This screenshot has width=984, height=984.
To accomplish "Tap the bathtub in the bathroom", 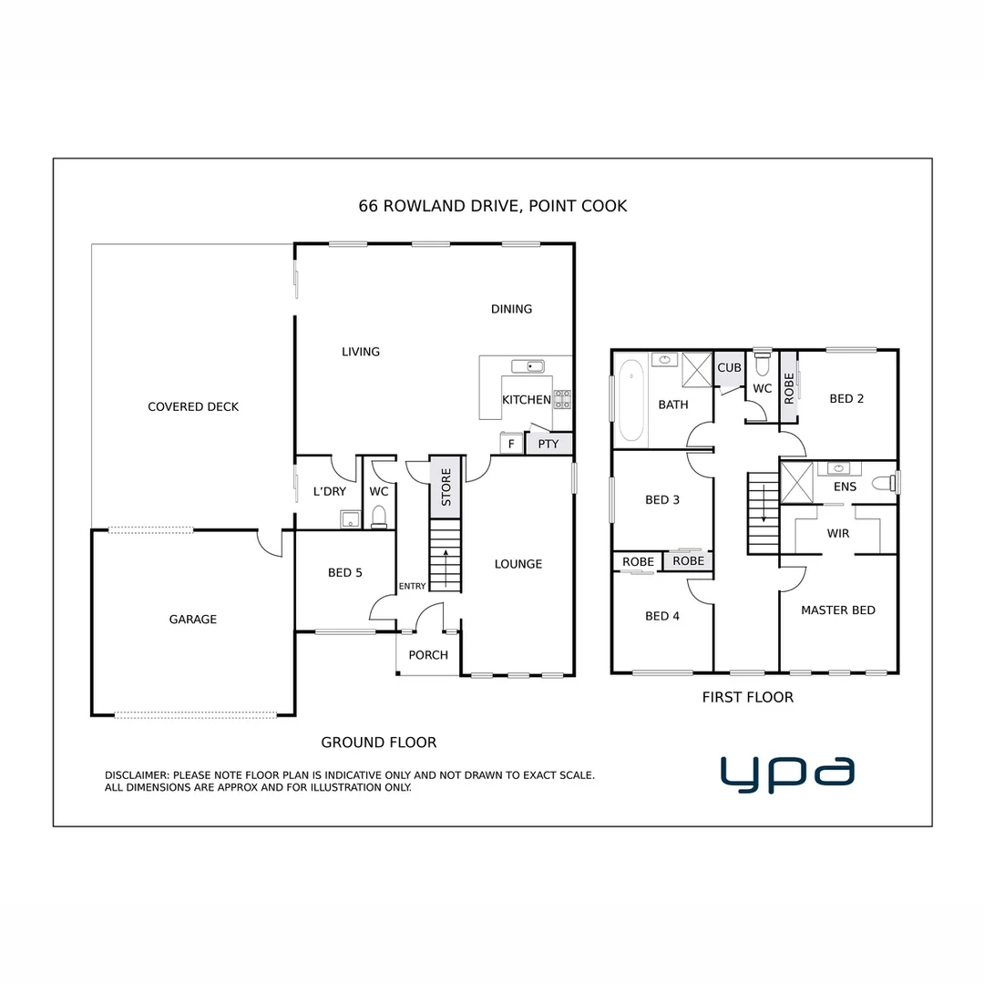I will pyautogui.click(x=630, y=400).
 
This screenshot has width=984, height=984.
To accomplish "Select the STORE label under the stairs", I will pyautogui.click(x=446, y=487).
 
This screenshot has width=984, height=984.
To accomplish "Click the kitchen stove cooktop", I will pyautogui.click(x=562, y=398).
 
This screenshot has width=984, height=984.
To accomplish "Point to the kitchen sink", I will pyautogui.click(x=528, y=366).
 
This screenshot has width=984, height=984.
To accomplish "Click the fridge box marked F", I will pyautogui.click(x=511, y=444).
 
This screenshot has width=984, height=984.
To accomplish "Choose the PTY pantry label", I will pyautogui.click(x=548, y=444).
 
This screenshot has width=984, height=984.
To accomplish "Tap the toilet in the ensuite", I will pyautogui.click(x=882, y=482).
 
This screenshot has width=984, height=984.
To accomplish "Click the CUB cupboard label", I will pyautogui.click(x=729, y=368).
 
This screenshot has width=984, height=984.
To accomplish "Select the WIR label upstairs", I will pyautogui.click(x=838, y=533).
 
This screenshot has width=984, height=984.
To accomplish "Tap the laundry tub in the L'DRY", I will pyautogui.click(x=349, y=519).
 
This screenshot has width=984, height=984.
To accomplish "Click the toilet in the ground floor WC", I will pyautogui.click(x=379, y=517).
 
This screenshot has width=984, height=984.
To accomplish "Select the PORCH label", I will pyautogui.click(x=428, y=654).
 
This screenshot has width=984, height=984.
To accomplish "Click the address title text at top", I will pyautogui.click(x=492, y=206).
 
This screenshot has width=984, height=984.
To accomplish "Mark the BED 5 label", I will pyautogui.click(x=345, y=573).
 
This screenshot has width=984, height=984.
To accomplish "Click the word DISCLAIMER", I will pyautogui.click(x=137, y=775).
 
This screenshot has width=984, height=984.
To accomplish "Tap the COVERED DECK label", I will pyautogui.click(x=193, y=406).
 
